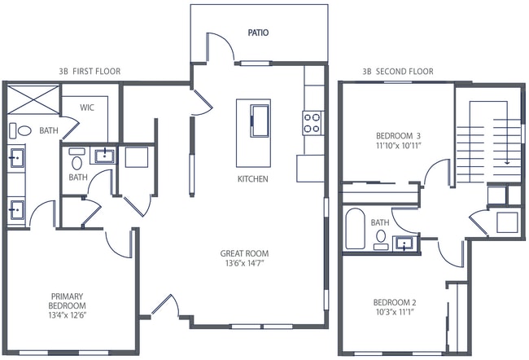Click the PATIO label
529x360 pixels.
pyautogui.click(x=259, y=33)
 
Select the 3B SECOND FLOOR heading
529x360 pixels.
pyautogui.click(x=398, y=72)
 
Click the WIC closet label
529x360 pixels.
pyautogui.click(x=89, y=107)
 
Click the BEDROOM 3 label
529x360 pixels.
pyautogui.click(x=398, y=136)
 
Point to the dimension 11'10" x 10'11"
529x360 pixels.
pyautogui.click(x=398, y=147)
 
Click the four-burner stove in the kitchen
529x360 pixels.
pyautogui.click(x=313, y=122)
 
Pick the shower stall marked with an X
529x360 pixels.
pyautogui.click(x=32, y=101)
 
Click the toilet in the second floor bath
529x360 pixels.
pyautogui.click(x=381, y=237)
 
